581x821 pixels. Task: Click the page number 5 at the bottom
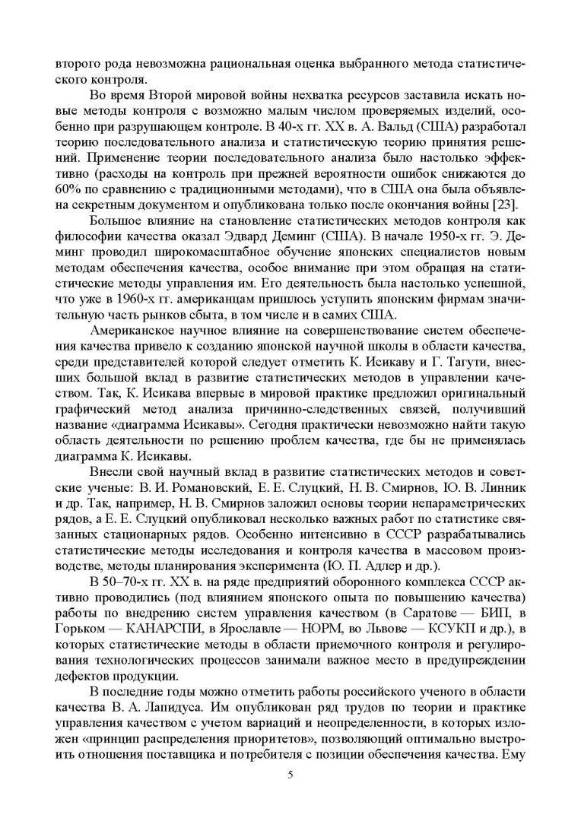click(x=290, y=774)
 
